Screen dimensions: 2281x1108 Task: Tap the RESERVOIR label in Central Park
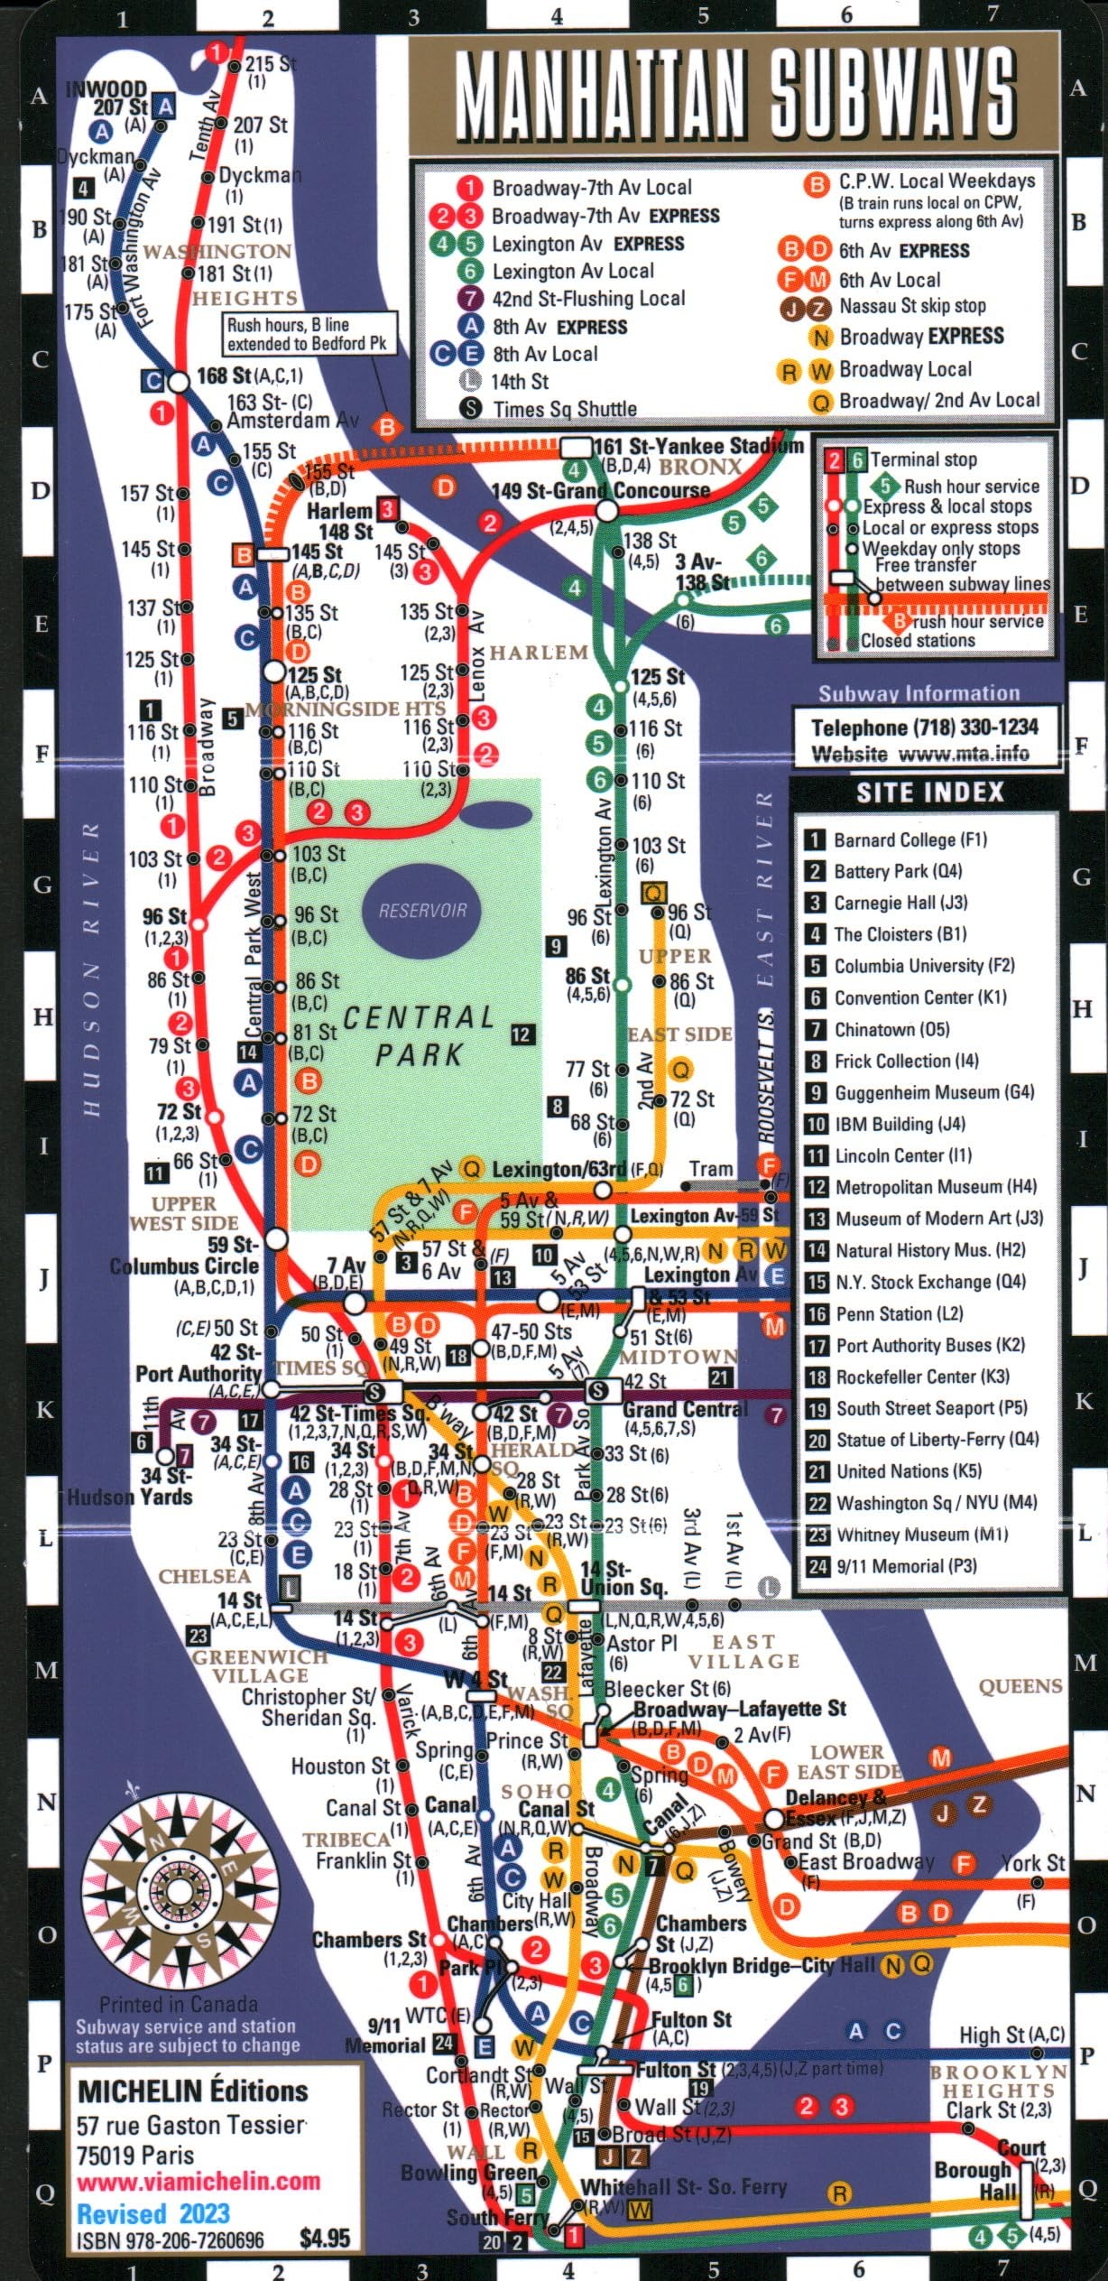[x=422, y=910]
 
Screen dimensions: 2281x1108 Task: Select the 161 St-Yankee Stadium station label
[x=697, y=446]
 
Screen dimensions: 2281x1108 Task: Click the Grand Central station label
[x=685, y=1409]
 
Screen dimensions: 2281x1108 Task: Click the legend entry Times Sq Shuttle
[x=564, y=409]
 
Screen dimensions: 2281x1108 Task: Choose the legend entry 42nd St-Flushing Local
[x=587, y=299]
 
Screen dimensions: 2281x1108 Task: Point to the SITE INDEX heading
[x=929, y=793]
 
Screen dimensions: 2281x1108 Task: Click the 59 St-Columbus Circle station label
[x=185, y=1255]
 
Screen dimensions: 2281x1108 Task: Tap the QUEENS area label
[x=1020, y=1687]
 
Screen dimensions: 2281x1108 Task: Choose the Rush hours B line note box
[x=309, y=334]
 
